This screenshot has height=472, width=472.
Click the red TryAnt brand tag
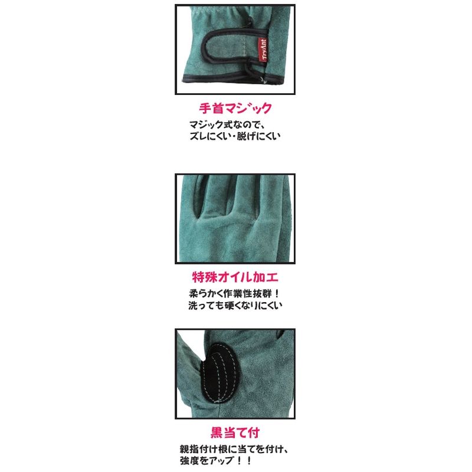coord(263,50)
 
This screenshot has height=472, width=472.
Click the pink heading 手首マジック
coord(235,109)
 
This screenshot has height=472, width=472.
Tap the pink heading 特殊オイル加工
coord(235,277)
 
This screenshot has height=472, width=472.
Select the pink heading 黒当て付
coord(235,433)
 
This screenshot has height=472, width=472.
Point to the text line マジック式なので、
coord(227,124)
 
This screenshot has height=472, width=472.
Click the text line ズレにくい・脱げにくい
coord(235,136)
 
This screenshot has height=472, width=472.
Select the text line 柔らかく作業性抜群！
coord(235,293)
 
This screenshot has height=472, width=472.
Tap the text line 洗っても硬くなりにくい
coord(235,305)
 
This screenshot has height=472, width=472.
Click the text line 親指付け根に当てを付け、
coord(234,449)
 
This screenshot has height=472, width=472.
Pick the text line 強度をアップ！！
coord(215,461)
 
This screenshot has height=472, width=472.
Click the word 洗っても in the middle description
coord(207,305)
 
